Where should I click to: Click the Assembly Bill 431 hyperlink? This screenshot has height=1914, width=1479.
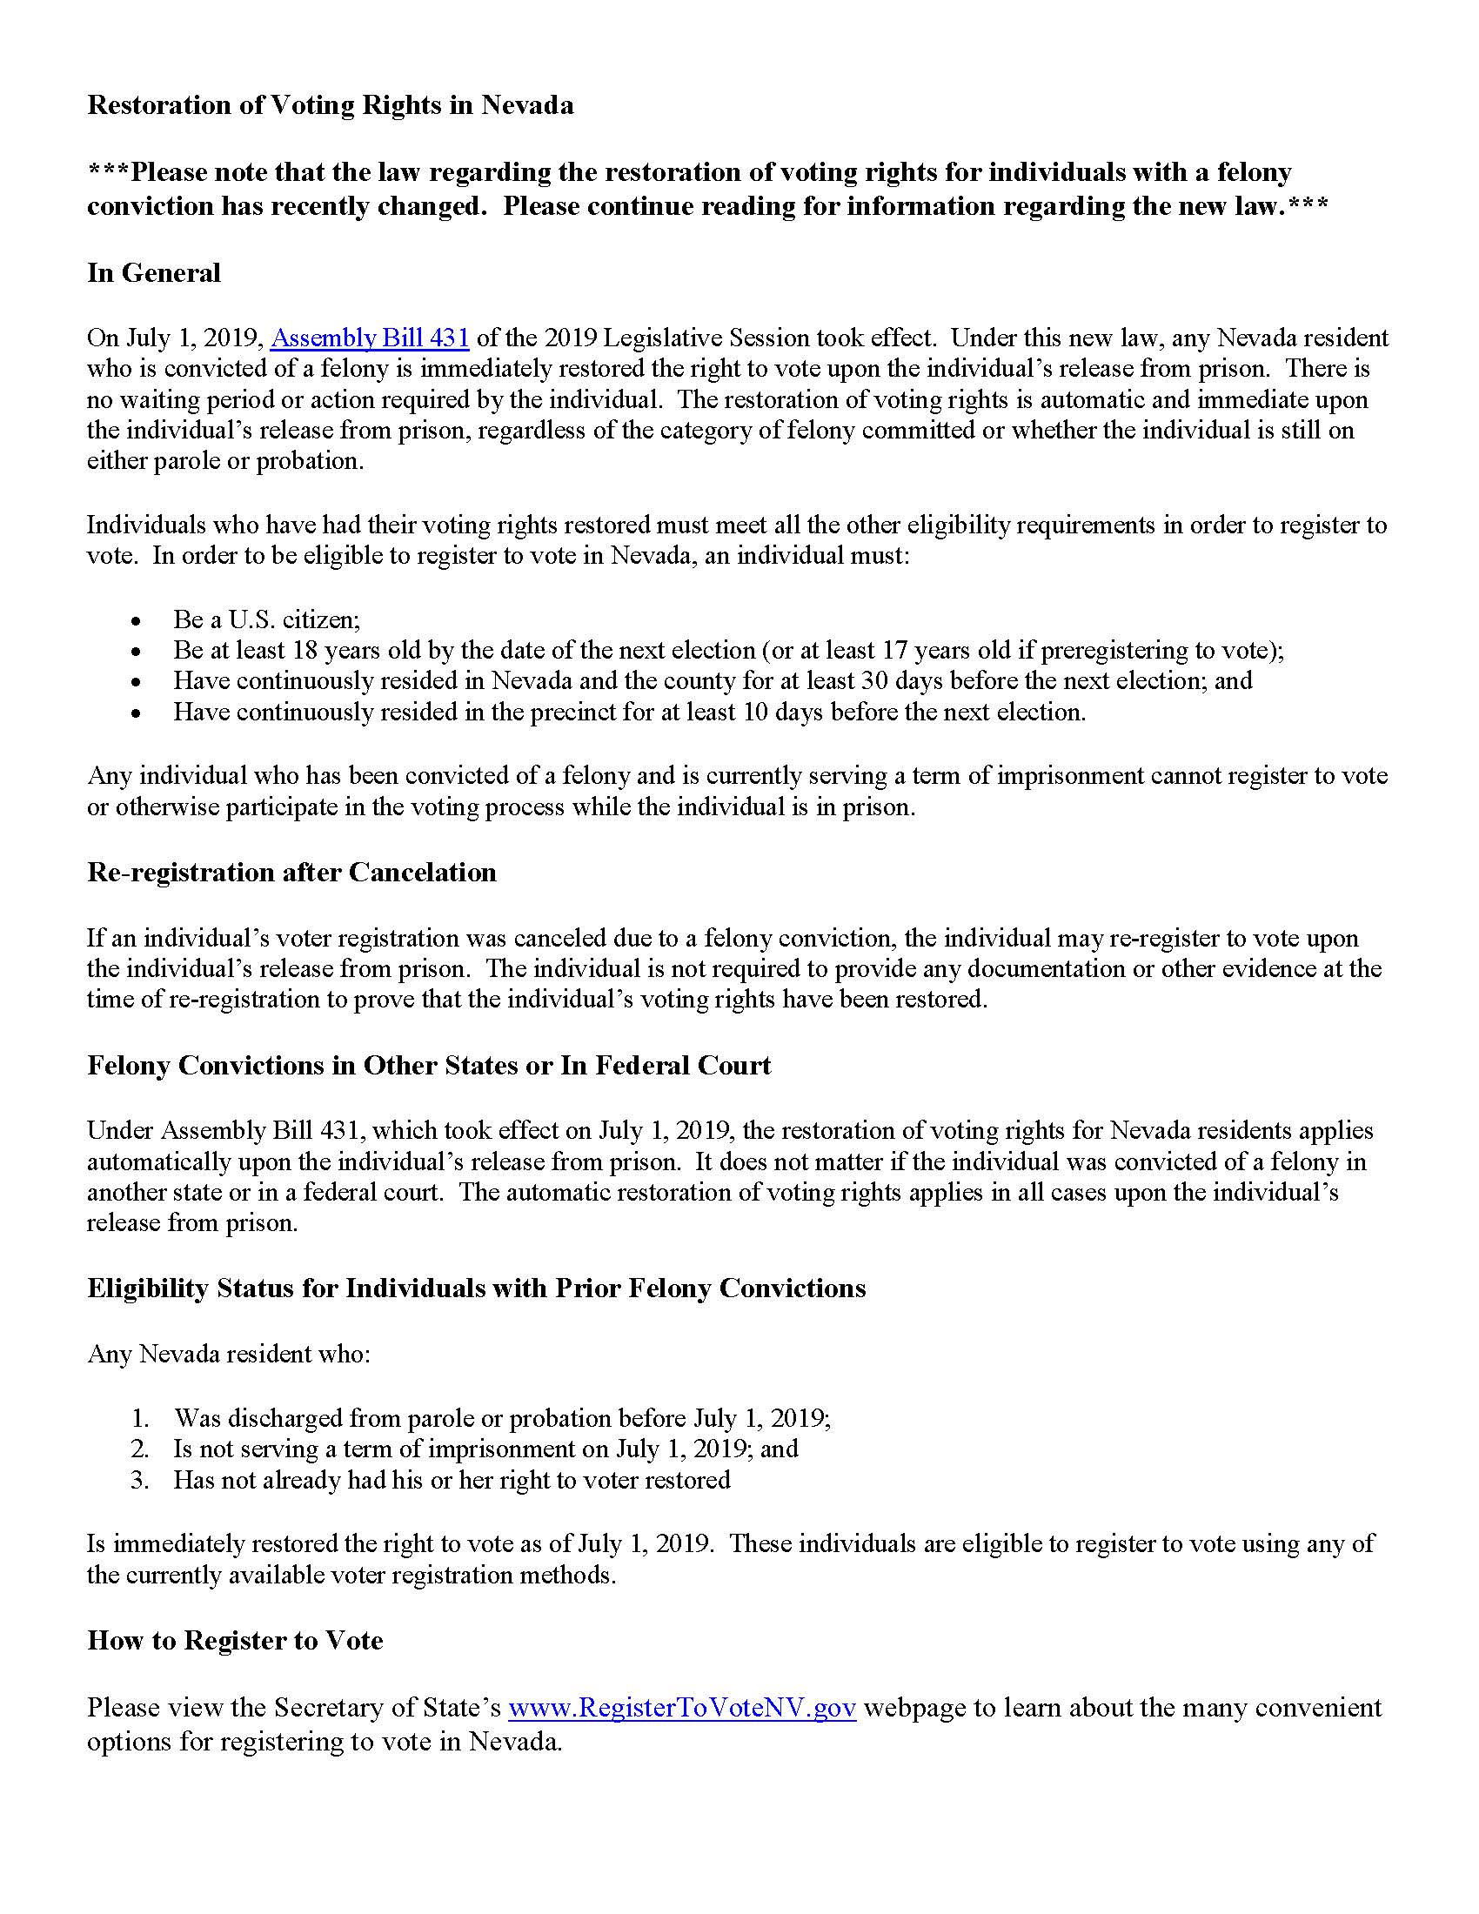tap(370, 338)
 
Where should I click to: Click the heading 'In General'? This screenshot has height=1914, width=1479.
tap(153, 273)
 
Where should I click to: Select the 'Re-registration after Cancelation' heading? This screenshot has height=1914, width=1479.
tap(291, 873)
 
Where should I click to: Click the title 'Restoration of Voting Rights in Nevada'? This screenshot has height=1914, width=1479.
tap(331, 105)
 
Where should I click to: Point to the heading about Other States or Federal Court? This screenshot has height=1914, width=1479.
tap(428, 1066)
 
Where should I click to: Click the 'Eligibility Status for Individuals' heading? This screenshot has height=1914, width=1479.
tap(476, 1288)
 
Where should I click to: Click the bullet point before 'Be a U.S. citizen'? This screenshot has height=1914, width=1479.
tap(135, 621)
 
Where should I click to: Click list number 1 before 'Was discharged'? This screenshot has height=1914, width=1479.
tap(141, 1419)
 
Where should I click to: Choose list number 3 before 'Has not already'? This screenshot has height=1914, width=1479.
tap(141, 1481)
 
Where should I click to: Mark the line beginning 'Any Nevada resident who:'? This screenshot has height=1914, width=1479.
tap(229, 1355)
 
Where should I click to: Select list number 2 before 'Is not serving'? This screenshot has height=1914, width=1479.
tap(141, 1449)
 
